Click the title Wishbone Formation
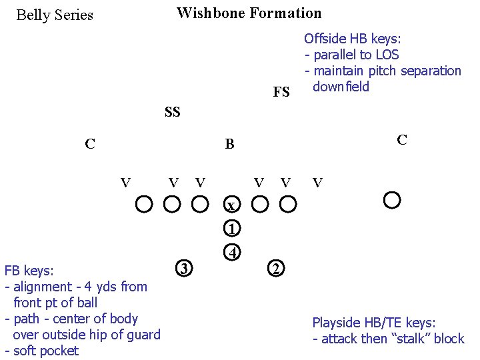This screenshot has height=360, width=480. coord(249,13)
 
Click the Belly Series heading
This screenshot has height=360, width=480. coord(55,15)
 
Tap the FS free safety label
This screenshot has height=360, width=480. coord(281,92)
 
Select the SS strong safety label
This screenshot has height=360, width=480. coord(172,112)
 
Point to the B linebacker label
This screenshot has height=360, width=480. coord(229,144)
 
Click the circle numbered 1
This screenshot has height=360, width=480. coord(231,228)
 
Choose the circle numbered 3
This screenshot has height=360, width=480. coord(184,269)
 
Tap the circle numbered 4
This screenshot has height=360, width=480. coord(231,253)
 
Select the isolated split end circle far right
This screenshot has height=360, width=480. coord(392,199)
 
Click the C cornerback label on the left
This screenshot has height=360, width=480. coord(89,143)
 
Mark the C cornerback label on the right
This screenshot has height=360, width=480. coord(401,139)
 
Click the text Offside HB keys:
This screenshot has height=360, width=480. coord(353,39)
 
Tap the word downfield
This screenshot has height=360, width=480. coord(341,87)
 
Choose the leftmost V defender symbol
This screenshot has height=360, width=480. coord(125,181)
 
